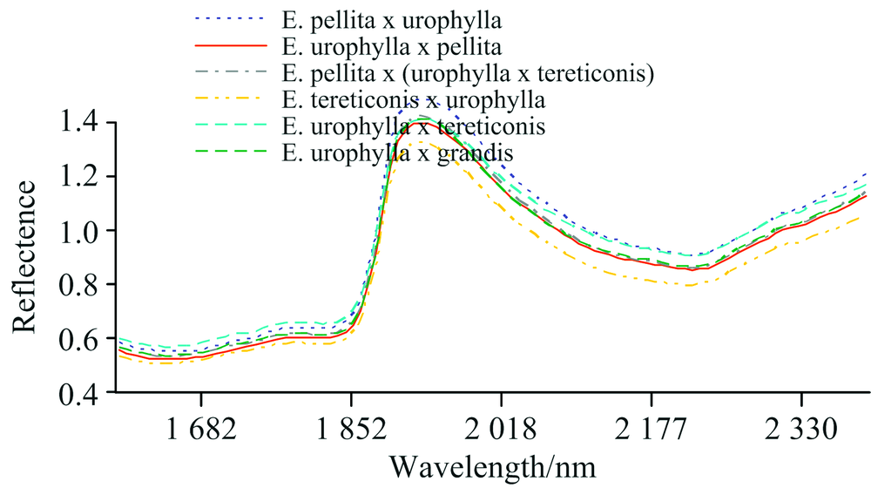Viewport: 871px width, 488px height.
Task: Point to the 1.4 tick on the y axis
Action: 84,124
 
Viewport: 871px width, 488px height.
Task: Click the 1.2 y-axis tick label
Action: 84,177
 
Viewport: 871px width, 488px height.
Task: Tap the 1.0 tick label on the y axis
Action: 84,231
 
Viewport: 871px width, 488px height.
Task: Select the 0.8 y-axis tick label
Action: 84,285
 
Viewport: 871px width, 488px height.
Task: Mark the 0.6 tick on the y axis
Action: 84,338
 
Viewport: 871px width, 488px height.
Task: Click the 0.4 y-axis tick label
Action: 84,392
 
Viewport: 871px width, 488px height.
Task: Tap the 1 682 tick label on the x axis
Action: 201,430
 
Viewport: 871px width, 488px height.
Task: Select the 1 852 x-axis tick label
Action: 351,430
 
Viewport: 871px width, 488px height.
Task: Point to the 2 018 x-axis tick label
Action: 501,430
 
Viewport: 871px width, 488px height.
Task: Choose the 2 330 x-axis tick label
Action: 801,430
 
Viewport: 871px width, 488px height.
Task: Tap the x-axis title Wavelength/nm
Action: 492,466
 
